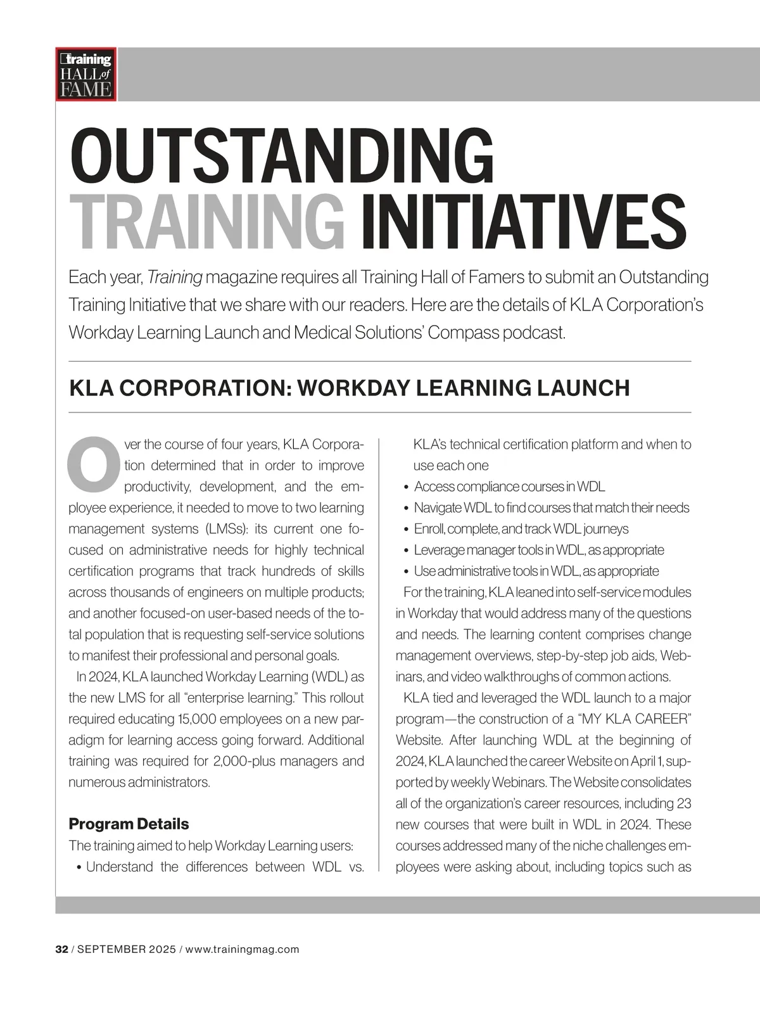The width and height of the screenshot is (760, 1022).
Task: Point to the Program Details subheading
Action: (129, 824)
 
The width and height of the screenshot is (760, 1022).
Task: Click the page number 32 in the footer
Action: (61, 949)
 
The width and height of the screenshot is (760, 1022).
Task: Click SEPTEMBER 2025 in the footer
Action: (126, 949)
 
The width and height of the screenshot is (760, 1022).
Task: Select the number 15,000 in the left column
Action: (195, 719)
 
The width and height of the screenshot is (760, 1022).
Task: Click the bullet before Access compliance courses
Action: (406, 487)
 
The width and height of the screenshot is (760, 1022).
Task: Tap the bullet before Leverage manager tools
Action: (406, 551)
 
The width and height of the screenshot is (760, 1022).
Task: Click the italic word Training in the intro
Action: (175, 278)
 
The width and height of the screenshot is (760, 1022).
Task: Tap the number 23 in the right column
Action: (683, 803)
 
